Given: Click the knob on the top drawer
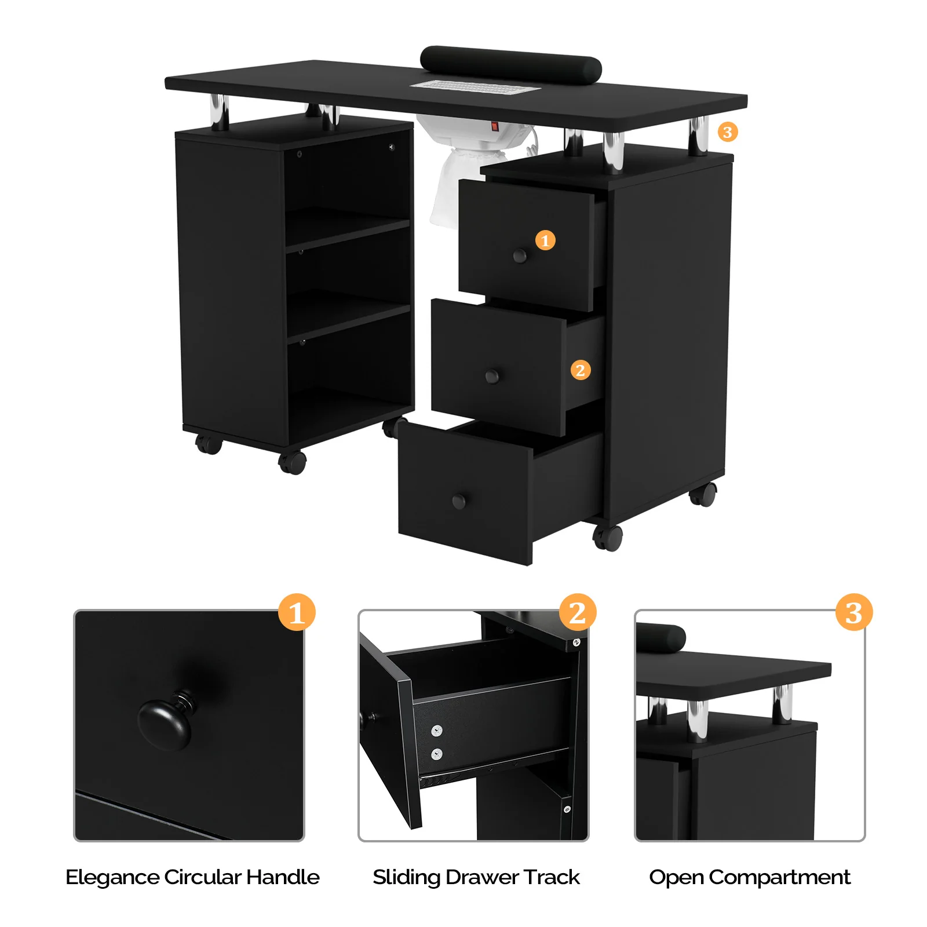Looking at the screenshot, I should pyautogui.click(x=520, y=256).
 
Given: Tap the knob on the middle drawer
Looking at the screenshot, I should pyautogui.click(x=492, y=377).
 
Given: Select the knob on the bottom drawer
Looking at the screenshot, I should pyautogui.click(x=459, y=501).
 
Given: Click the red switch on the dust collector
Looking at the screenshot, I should pyautogui.click(x=494, y=126).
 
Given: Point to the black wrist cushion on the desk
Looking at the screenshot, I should pyautogui.click(x=510, y=63).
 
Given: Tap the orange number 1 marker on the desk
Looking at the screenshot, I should pyautogui.click(x=545, y=240).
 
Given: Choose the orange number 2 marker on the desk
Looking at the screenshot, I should pyautogui.click(x=581, y=370).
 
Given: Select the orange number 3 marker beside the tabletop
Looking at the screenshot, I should pyautogui.click(x=728, y=132).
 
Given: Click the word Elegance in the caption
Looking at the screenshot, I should pyautogui.click(x=112, y=877).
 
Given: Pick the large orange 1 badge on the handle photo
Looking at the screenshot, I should pyautogui.click(x=297, y=612).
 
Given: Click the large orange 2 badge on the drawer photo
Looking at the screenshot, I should pyautogui.click(x=578, y=612).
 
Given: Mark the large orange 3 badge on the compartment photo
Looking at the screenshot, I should pyautogui.click(x=853, y=612).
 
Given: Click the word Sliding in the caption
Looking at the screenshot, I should pyautogui.click(x=407, y=877).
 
